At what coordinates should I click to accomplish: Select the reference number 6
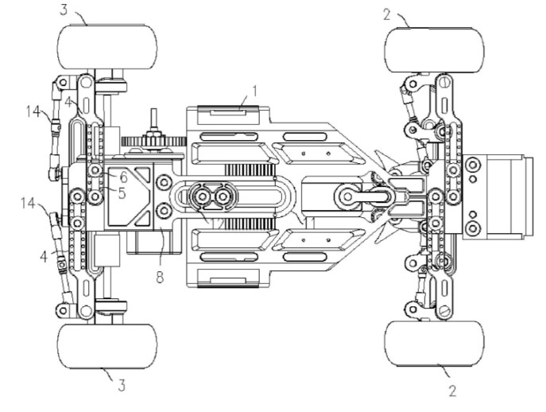coord(124,177)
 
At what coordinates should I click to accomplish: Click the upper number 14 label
coord(33,114)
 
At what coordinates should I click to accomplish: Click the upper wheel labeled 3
coord(106,48)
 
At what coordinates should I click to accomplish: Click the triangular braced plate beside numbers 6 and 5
coord(130,193)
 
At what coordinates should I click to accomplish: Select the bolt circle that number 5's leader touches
coord(95,193)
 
